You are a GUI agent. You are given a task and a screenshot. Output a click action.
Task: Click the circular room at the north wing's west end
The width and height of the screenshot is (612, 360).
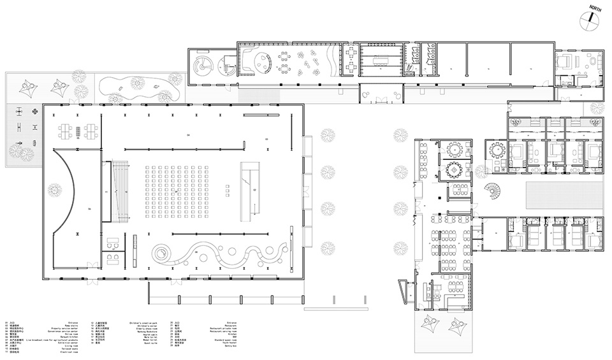click(x=203, y=63)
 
